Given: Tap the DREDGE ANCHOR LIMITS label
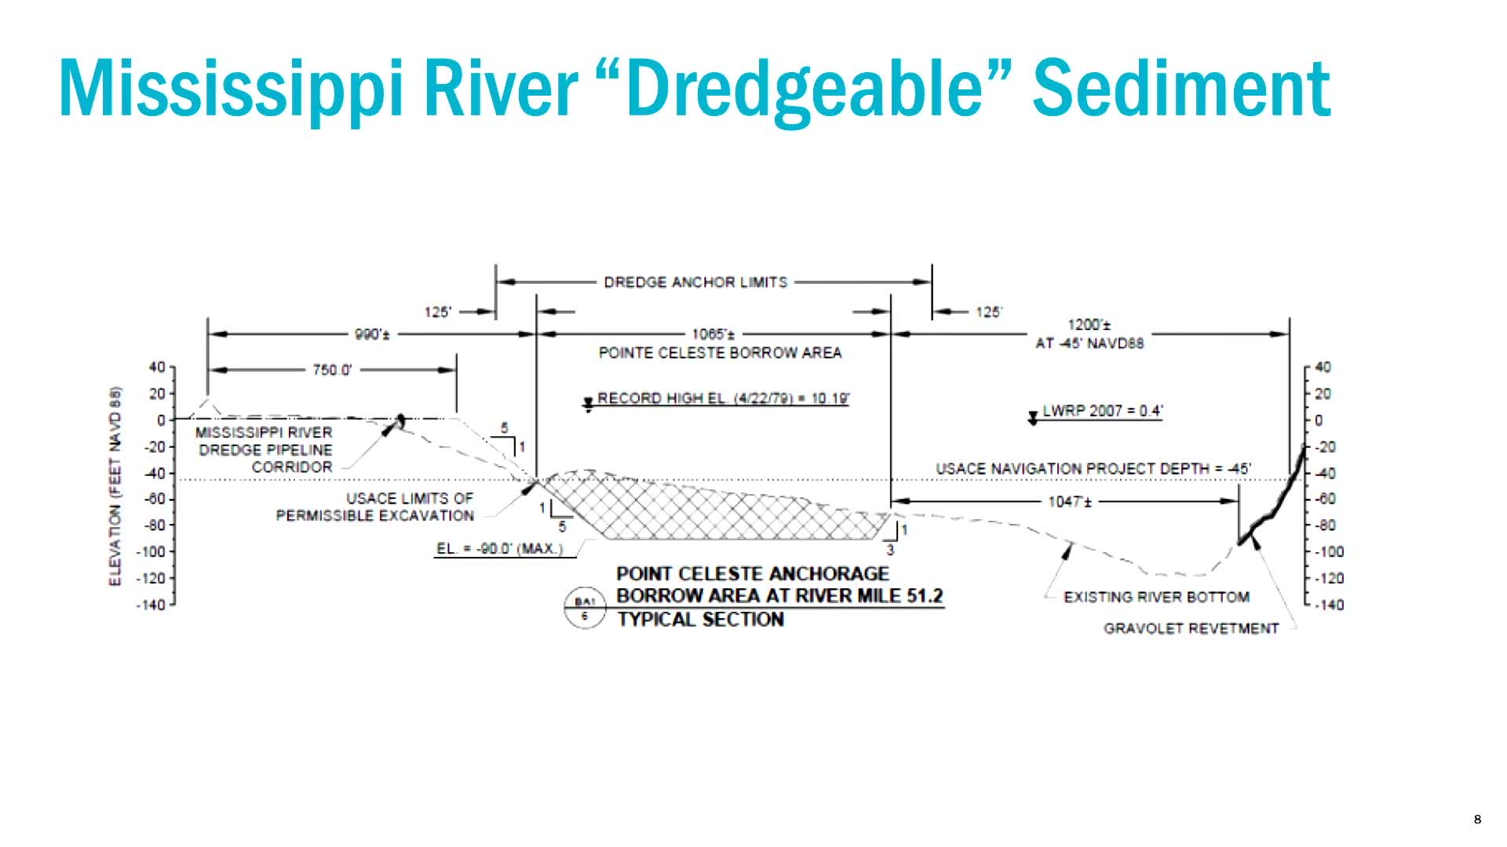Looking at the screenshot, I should coord(695,282).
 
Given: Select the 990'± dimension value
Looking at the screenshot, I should coord(373,335).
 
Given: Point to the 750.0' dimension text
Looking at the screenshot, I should coord(332,370).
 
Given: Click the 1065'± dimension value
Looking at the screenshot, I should coord(713,335).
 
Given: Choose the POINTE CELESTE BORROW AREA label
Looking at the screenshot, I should coord(720,353).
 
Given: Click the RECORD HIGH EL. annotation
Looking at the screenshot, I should coord(723,398).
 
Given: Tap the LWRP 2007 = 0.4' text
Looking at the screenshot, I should coord(1102,411).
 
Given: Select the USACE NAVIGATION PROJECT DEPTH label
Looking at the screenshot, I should coord(1093,469).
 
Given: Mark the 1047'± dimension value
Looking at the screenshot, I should coord(1069,501).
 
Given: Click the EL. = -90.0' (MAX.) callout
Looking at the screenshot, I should coord(499,549).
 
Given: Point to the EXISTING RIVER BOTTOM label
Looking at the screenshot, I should coord(1156,598).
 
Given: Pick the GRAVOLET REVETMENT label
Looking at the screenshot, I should coord(1191,629).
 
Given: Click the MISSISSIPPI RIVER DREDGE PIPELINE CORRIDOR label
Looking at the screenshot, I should coord(265,450).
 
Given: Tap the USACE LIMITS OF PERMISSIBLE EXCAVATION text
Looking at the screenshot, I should coord(375,507).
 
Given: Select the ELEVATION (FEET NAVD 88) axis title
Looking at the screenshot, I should coord(116,486).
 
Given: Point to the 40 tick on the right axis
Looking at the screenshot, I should coord(1323,367).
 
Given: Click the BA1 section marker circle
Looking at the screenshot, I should coord(585,609).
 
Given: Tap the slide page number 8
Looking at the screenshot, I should coord(1478,820).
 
